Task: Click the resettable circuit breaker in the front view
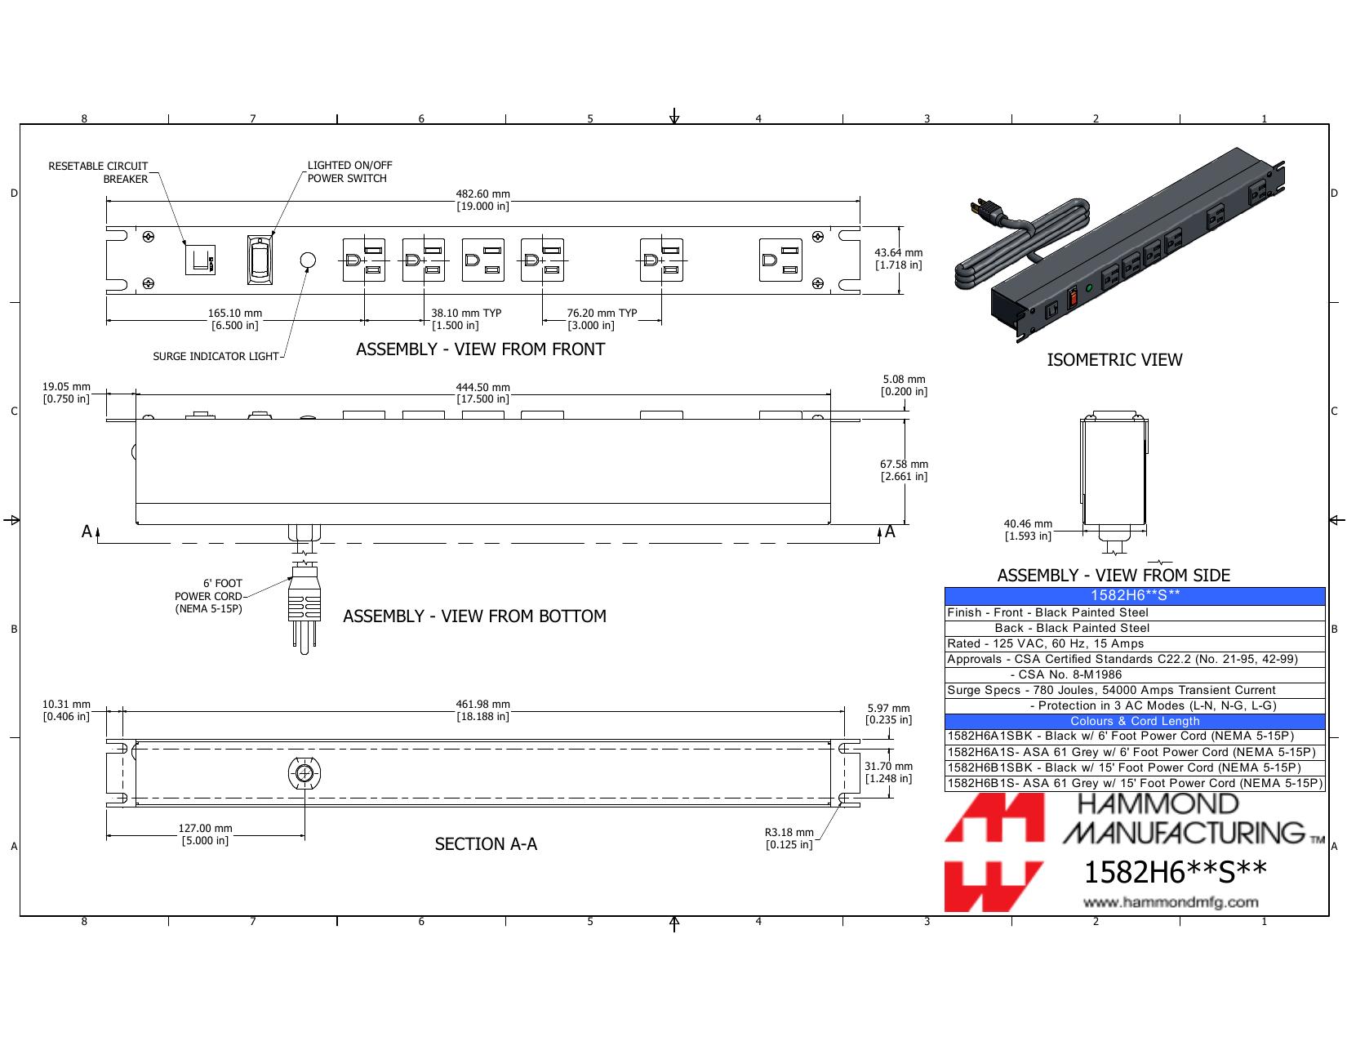pyautogui.click(x=200, y=260)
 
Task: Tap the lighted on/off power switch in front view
pyautogui.click(x=260, y=260)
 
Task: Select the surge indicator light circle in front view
pyautogui.click(x=308, y=260)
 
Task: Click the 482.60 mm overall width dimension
pyautogui.click(x=483, y=200)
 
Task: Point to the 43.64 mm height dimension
pyautogui.click(x=898, y=259)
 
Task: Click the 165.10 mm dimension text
pyautogui.click(x=235, y=319)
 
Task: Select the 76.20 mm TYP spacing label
pyautogui.click(x=602, y=319)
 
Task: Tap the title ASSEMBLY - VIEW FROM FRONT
pyautogui.click(x=480, y=349)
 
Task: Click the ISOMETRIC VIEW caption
pyautogui.click(x=1114, y=359)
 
